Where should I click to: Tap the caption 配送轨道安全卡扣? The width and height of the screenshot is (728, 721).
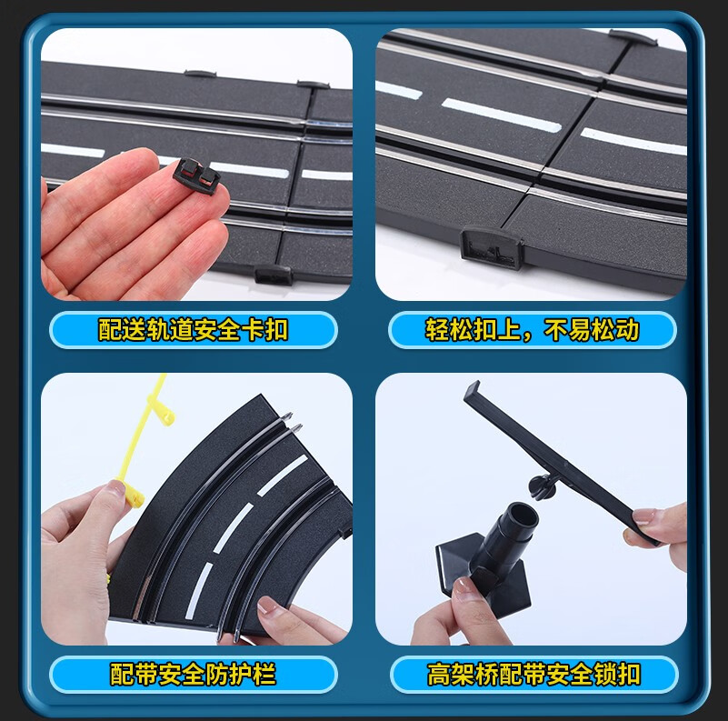[194, 330]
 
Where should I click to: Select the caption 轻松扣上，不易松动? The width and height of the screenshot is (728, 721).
[532, 330]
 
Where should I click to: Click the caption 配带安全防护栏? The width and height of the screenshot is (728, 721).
[194, 674]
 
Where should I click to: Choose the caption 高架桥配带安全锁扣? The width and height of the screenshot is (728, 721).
[534, 675]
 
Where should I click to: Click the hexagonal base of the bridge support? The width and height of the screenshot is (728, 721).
[483, 581]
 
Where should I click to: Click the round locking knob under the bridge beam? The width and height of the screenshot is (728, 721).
[542, 487]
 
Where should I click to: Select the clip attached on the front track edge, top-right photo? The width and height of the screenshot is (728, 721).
[491, 247]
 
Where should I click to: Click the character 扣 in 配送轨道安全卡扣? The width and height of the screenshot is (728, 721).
[276, 330]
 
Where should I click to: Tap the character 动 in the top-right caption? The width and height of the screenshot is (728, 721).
[628, 330]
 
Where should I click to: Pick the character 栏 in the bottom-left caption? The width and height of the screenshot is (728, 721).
[264, 674]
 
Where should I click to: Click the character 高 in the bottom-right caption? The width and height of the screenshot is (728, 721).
[439, 675]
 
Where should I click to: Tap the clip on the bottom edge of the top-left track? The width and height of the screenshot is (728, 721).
[273, 275]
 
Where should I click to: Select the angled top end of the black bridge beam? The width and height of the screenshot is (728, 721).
[473, 391]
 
